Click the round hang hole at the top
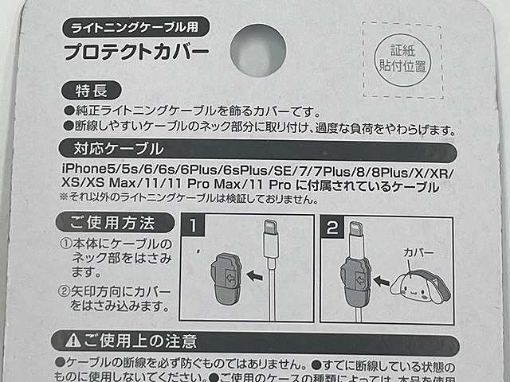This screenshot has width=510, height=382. tap(257, 49)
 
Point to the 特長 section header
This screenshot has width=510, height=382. tap(89, 90)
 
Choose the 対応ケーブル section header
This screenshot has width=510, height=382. tap(108, 149)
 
